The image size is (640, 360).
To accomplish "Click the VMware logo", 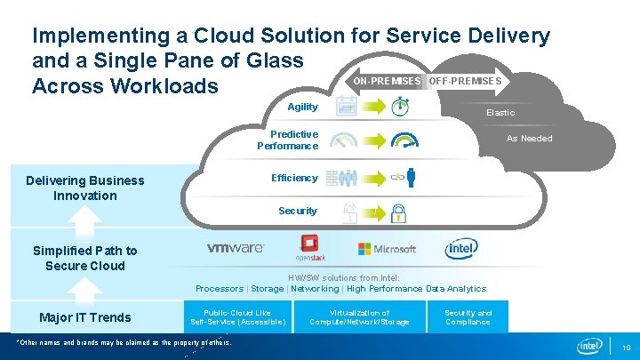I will [235, 248].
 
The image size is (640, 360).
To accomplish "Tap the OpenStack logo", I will [310, 248].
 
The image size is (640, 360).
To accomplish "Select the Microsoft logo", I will [387, 249].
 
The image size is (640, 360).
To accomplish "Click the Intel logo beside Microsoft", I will [460, 249].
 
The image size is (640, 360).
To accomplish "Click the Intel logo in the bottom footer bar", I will [590, 346].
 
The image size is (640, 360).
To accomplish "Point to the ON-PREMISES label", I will [387, 81].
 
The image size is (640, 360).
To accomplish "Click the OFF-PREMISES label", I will [464, 81].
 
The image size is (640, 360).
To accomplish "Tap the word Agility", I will [302, 107].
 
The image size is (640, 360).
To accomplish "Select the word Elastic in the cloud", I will [500, 113].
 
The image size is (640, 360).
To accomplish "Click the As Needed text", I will [529, 139].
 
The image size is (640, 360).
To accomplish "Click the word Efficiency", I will [294, 178].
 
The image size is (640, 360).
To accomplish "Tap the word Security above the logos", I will [297, 211].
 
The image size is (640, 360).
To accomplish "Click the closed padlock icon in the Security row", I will [400, 212].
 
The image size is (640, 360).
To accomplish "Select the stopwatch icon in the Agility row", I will [401, 107].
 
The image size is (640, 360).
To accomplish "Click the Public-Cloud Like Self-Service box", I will [237, 317].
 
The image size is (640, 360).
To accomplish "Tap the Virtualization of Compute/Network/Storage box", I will [359, 317].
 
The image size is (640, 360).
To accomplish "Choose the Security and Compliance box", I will [468, 317].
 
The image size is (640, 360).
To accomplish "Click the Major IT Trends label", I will [85, 317].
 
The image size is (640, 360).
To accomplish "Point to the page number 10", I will [626, 348].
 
